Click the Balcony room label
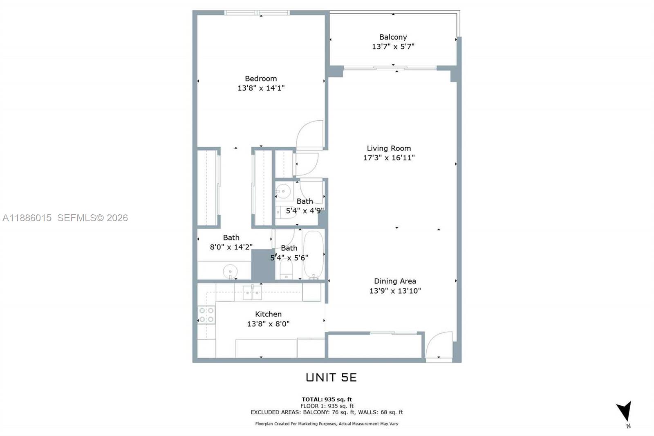(x=393, y=37)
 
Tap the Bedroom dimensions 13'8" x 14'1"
(x=261, y=88)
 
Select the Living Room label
(x=389, y=148)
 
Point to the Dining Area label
(x=395, y=281)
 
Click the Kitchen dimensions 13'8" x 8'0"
(x=268, y=324)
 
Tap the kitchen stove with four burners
(x=206, y=315)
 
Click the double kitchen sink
(x=252, y=292)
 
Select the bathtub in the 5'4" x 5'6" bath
(x=314, y=255)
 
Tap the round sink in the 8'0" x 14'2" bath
(x=230, y=271)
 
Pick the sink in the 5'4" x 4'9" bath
(x=282, y=191)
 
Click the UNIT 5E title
(x=331, y=378)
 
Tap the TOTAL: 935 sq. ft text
(x=327, y=400)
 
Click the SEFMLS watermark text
(x=92, y=218)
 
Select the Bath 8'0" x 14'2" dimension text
(x=231, y=247)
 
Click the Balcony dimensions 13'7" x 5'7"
(x=393, y=47)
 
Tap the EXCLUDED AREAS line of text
(x=327, y=412)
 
